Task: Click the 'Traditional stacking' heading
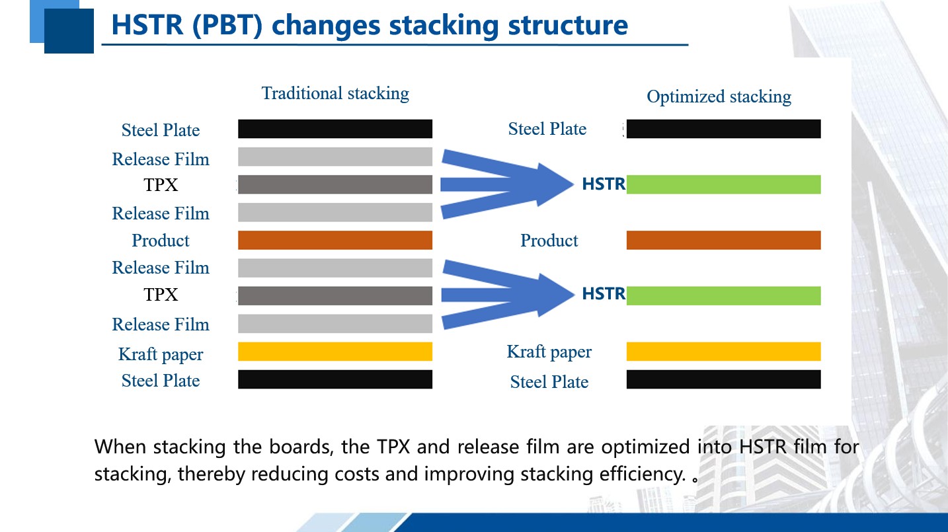(335, 93)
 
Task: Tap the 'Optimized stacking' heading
(719, 96)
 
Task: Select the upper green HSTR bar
(723, 184)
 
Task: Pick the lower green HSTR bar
(723, 295)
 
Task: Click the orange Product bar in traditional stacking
(335, 240)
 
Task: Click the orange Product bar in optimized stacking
(723, 240)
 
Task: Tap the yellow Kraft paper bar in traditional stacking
(335, 352)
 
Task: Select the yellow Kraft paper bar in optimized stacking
(723, 352)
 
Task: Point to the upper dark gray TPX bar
(335, 184)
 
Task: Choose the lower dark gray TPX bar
(335, 296)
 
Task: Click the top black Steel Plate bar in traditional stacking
(335, 129)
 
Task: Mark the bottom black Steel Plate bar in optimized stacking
(723, 379)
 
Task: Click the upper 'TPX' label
(161, 185)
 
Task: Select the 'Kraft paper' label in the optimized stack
(549, 352)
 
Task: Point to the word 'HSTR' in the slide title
(147, 25)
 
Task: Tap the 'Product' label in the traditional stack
(161, 241)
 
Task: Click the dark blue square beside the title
(69, 31)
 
